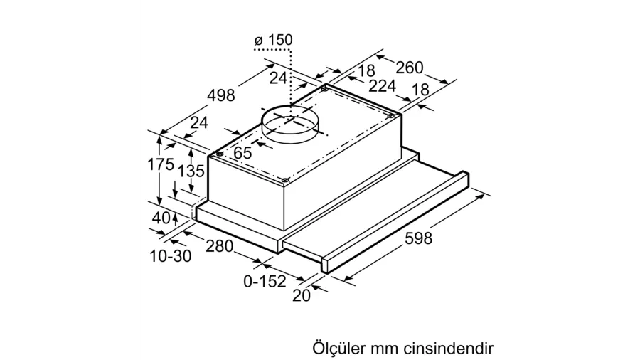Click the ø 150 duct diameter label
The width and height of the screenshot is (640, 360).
coord(273,40)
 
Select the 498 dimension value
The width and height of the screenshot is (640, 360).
coord(221,95)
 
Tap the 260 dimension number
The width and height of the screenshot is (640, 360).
coord(410,68)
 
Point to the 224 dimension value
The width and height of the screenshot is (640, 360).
coord(382,85)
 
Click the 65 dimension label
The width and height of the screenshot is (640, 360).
coord(243,153)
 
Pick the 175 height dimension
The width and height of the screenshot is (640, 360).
coord(161,164)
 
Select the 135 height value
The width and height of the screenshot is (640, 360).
coord(191,171)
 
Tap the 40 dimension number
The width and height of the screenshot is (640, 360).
coord(161,218)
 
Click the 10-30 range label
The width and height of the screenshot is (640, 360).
coord(171,256)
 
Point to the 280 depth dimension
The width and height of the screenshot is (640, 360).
coord(219,246)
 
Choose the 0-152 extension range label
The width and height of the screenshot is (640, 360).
coord(265,281)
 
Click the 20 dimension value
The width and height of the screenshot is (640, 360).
coord(302,295)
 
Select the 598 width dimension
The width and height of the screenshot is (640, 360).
coord(418,238)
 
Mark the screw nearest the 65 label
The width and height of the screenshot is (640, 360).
coord(219,154)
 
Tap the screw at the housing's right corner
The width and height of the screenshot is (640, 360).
coord(390,117)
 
